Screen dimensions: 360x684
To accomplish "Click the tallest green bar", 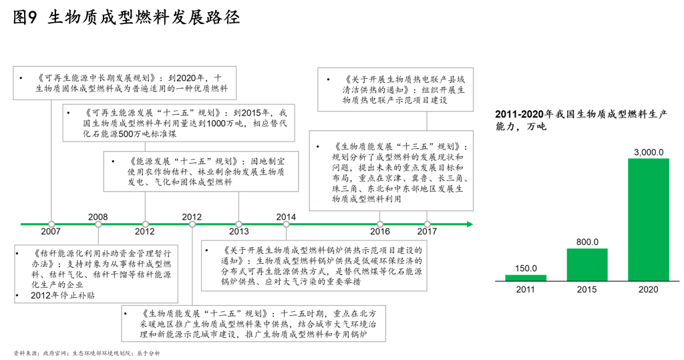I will [648, 219].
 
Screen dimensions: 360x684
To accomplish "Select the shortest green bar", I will [526, 278].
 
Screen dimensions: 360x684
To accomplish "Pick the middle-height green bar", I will [587, 264].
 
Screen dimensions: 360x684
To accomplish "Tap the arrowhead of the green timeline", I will [470, 224].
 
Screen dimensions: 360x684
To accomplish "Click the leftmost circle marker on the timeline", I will [51, 224].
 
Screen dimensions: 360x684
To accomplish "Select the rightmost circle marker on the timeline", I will [427, 224].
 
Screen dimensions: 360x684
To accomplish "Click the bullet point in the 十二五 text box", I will [113, 162].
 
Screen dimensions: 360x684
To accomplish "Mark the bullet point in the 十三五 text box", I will [318, 147].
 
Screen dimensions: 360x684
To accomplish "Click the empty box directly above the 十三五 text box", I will [395, 89].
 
